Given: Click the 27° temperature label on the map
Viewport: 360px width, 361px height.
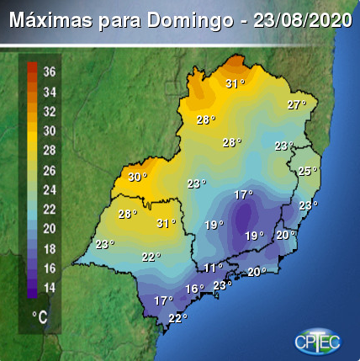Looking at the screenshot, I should (x=296, y=105).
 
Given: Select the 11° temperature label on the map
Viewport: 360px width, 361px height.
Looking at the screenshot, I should (x=214, y=268).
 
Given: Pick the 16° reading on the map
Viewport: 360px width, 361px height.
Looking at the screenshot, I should (x=194, y=289).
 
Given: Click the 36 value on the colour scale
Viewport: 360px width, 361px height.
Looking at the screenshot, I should (x=50, y=71).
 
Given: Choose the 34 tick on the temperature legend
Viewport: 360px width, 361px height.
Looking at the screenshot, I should (x=50, y=91).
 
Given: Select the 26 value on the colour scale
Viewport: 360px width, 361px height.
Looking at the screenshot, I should (x=50, y=170).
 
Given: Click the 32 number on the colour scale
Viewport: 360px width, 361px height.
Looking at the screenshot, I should (x=50, y=111).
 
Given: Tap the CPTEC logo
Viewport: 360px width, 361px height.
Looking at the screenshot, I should (x=317, y=339).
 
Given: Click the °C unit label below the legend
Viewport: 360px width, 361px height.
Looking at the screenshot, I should (x=40, y=316).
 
